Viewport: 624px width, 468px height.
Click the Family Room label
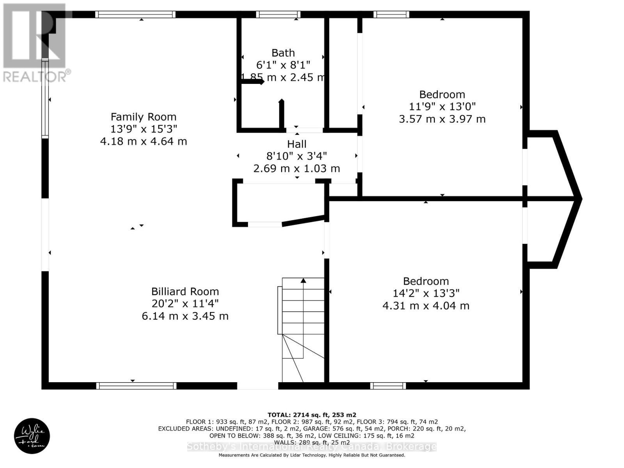143,117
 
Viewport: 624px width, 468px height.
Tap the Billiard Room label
185,291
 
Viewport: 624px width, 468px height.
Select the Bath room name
283,53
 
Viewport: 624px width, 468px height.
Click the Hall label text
297,144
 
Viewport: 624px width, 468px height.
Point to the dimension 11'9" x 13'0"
442,106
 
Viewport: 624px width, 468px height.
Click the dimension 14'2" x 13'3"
426,293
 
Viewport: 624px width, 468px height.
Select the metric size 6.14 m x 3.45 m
185,316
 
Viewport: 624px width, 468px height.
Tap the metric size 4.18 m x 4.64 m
143,141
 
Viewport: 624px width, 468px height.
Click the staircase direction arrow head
303,280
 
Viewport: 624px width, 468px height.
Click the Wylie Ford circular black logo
32,436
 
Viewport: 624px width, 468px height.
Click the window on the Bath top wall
278,15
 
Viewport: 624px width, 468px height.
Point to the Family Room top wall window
135,15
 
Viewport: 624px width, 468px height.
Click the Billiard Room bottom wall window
136,386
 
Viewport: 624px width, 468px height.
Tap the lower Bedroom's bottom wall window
388,386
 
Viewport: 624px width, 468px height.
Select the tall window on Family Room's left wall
45,98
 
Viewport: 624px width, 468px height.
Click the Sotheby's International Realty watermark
312,447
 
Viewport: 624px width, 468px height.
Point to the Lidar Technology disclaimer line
312,455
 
